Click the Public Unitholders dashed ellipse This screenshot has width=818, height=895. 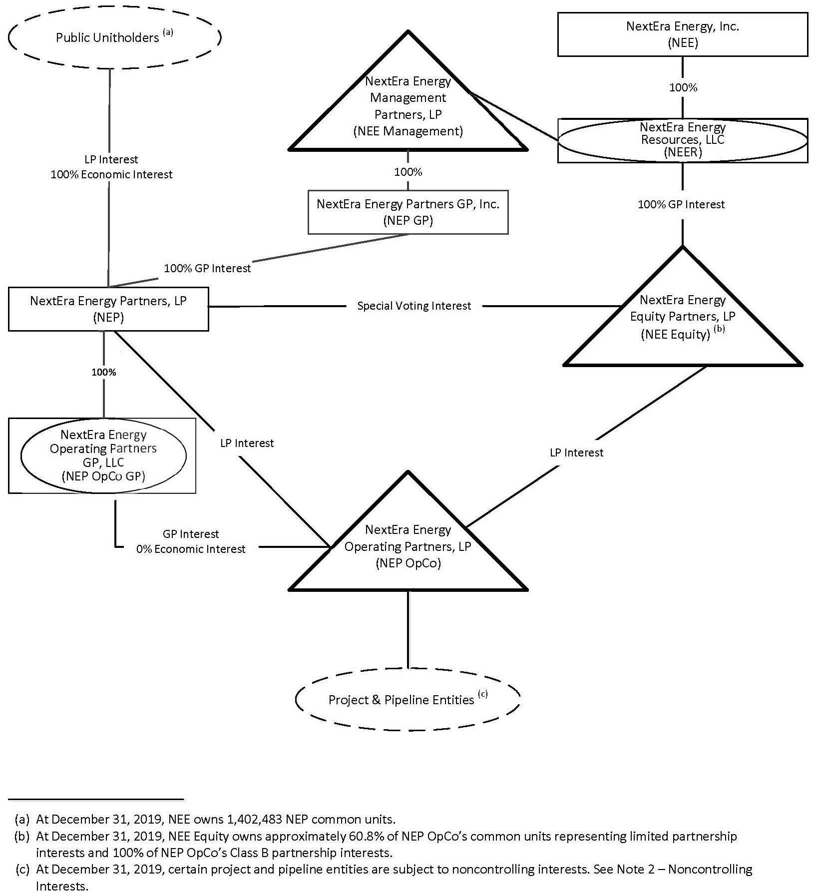point(114,38)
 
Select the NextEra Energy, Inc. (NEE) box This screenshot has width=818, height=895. point(682,34)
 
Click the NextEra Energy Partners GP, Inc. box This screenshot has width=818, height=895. point(408,212)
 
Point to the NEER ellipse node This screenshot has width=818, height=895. point(682,140)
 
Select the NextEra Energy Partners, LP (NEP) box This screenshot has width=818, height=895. point(108,309)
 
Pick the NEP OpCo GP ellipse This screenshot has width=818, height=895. point(103,455)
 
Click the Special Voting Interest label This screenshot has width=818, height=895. point(414,306)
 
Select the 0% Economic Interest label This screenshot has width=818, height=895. point(191,549)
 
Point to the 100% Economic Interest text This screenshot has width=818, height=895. point(111,175)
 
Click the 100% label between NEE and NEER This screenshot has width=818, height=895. point(683,88)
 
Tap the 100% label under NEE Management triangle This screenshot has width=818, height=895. point(408,172)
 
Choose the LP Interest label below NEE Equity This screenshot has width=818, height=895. point(576,452)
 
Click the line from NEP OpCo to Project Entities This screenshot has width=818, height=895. point(408,629)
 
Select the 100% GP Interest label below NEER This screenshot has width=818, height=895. point(681,204)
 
